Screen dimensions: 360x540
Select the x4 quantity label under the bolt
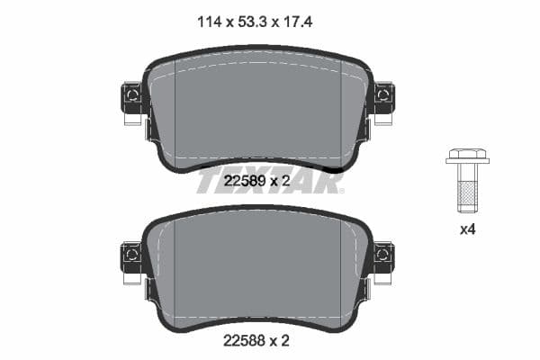467,229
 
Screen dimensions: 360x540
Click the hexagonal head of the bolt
467,154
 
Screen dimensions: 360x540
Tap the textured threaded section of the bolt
467,196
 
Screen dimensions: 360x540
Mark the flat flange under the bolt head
467,162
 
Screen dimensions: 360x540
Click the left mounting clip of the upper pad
131,96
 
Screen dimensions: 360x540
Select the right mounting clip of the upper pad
383,96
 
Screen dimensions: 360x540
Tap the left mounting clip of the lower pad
131,256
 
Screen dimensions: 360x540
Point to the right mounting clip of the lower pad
383,256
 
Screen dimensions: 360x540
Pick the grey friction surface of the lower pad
256,270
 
